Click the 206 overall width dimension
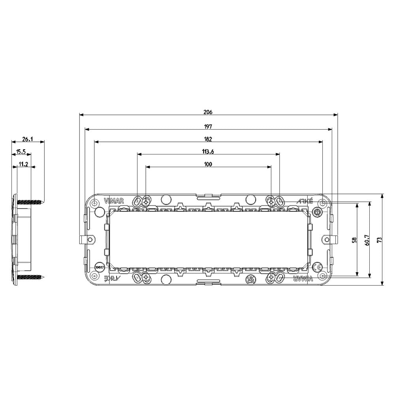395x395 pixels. (x=208, y=112)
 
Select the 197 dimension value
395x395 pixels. (x=208, y=126)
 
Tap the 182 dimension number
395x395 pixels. (x=208, y=139)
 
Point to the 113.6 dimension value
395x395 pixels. (x=208, y=151)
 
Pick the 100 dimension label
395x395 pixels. (x=208, y=164)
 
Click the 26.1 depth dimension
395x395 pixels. (x=27, y=139)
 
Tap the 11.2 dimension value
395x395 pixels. (x=23, y=164)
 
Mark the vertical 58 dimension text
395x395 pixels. (x=354, y=240)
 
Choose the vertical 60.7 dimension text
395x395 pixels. (x=367, y=240)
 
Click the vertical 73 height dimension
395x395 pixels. (x=379, y=240)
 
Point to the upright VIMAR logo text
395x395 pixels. (x=114, y=201)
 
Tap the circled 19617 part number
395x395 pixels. (x=99, y=267)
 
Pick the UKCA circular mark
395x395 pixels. (x=250, y=279)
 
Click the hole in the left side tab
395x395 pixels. (x=90, y=239)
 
